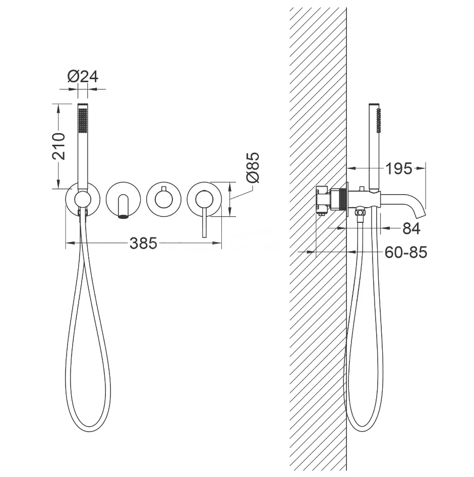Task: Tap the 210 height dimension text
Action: [x=58, y=146]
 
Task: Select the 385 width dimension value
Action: [x=143, y=243]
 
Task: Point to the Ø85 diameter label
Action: [x=253, y=167]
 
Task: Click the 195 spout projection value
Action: [x=398, y=168]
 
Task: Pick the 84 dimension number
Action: [x=411, y=228]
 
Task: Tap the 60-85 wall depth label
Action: [x=406, y=252]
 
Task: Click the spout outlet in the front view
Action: [x=123, y=217]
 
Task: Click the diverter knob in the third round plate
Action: [x=164, y=199]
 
